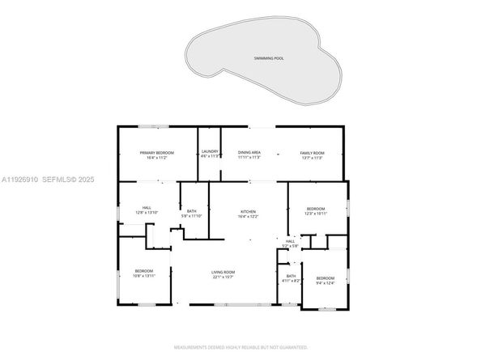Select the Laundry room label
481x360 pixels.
(x=211, y=151)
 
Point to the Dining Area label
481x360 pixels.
(x=249, y=152)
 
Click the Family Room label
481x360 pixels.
(x=312, y=153)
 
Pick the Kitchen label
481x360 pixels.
(x=247, y=212)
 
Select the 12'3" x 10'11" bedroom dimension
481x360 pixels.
(x=316, y=214)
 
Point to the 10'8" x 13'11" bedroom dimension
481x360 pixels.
(x=144, y=276)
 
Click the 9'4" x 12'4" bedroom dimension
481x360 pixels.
(x=325, y=283)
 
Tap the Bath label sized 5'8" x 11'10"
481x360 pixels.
(x=191, y=212)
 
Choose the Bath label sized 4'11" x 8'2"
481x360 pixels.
(x=291, y=276)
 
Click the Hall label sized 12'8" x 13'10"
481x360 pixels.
(x=147, y=208)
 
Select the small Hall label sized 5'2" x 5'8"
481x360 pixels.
(x=290, y=240)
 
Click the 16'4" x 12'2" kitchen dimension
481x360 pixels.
(x=247, y=217)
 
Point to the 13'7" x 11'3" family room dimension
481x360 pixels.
(x=312, y=158)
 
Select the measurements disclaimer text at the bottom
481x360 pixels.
(x=240, y=346)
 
